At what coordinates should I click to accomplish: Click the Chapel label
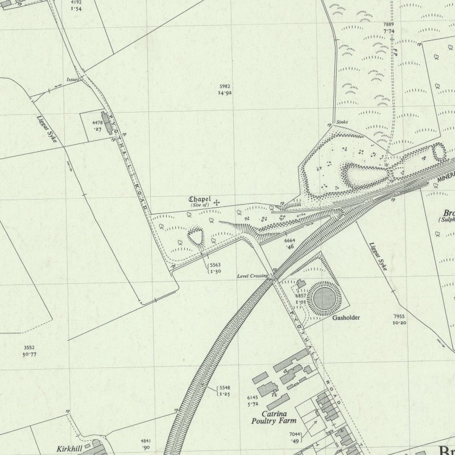(200, 200)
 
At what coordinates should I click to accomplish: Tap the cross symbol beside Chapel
(217, 201)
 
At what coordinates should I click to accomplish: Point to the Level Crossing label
(253, 276)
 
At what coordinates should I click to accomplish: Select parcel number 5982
(225, 86)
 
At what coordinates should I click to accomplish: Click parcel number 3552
(30, 348)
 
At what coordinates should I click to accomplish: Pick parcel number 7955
(399, 316)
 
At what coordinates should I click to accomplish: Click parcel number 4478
(97, 122)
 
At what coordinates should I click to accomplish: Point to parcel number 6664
(289, 241)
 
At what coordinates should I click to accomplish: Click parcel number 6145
(253, 398)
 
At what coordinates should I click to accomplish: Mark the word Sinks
(342, 122)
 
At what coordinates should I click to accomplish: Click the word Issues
(72, 80)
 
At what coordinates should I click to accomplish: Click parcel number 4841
(147, 441)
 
